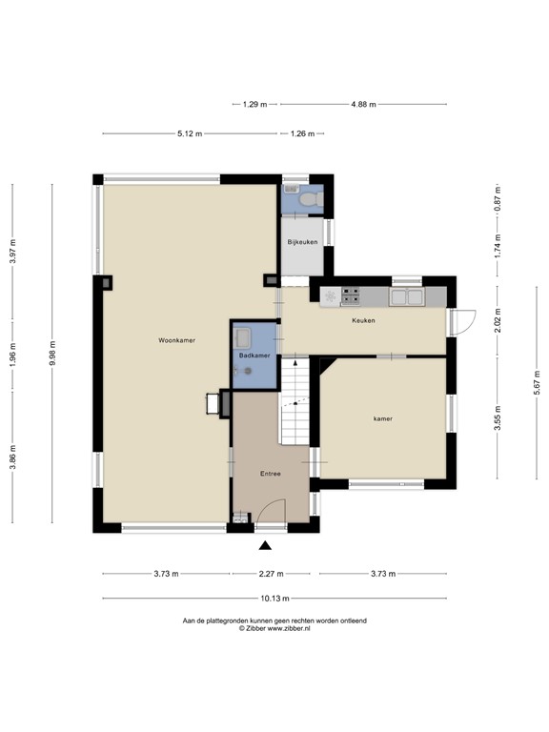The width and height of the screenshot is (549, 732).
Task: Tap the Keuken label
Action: click(363, 320)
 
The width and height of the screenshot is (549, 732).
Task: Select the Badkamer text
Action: click(254, 356)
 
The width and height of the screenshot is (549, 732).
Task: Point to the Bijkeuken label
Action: click(302, 243)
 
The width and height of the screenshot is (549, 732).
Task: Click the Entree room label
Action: click(271, 474)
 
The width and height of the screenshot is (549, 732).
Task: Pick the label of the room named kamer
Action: click(383, 418)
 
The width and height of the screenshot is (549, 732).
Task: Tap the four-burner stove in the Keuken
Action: click(350, 296)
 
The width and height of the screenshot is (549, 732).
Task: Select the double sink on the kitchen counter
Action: click(412, 296)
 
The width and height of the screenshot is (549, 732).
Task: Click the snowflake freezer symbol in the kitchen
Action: click(330, 297)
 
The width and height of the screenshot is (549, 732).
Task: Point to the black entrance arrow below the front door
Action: click(266, 545)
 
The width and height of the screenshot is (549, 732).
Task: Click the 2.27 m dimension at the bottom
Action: click(271, 574)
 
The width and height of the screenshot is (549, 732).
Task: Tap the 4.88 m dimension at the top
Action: click(363, 104)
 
